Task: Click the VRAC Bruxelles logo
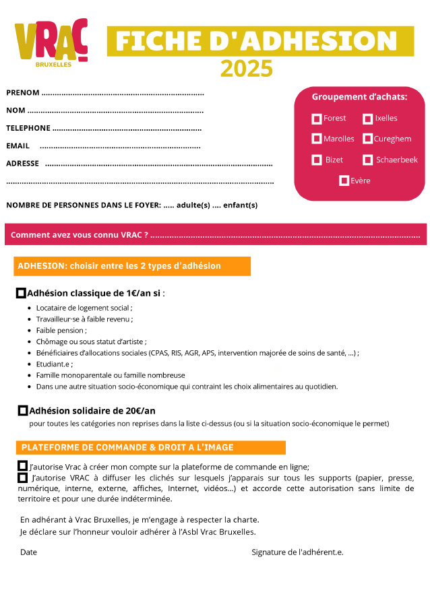click(x=51, y=43)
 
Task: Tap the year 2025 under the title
click(x=247, y=69)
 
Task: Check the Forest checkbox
click(x=317, y=119)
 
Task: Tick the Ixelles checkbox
click(x=367, y=119)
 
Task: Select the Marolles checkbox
click(x=317, y=139)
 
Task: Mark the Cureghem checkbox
click(x=367, y=139)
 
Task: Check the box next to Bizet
click(x=317, y=160)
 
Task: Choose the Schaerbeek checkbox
click(x=367, y=160)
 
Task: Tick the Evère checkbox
click(x=344, y=181)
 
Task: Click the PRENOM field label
click(x=23, y=93)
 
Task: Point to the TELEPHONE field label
click(x=28, y=128)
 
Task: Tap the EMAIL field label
click(x=18, y=146)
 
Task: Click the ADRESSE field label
click(x=22, y=163)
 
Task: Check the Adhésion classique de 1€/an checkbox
click(x=21, y=293)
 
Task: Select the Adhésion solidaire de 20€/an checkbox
click(x=23, y=410)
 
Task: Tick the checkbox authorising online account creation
click(x=23, y=466)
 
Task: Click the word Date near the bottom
click(x=29, y=552)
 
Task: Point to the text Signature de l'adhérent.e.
click(x=297, y=552)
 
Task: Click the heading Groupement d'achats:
click(x=359, y=97)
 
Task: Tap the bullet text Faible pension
click(x=61, y=330)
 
